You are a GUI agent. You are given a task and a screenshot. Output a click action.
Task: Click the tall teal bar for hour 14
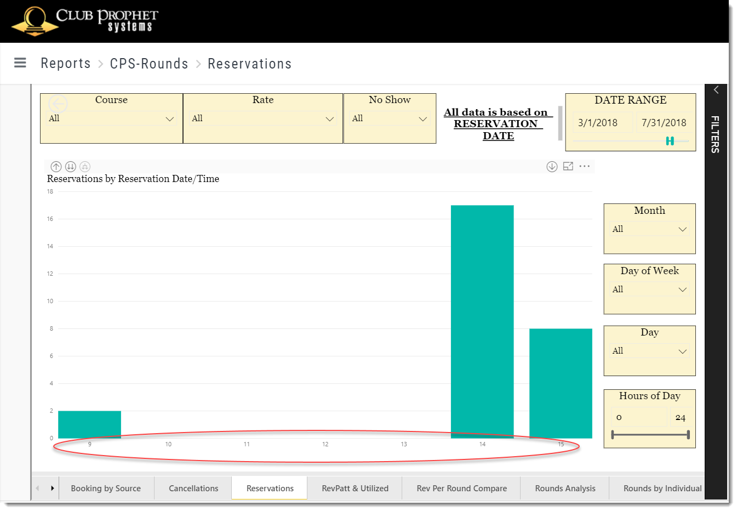point(482,322)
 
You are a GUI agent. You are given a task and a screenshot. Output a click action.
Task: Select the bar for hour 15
point(561,383)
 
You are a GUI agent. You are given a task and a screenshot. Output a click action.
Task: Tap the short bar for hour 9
point(89,424)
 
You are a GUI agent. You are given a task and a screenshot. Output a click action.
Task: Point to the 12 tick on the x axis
point(325,444)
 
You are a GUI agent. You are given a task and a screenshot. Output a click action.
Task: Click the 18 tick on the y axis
point(50,191)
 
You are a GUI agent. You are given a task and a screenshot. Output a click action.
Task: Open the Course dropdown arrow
point(169,119)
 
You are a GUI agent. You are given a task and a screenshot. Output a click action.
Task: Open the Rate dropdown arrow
point(330,119)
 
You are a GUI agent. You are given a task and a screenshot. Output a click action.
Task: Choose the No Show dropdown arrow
point(422,119)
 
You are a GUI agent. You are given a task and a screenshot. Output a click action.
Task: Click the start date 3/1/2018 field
point(598,123)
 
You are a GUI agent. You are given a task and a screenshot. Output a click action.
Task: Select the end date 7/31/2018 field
point(664,123)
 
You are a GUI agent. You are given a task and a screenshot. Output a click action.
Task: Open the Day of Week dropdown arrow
point(682,289)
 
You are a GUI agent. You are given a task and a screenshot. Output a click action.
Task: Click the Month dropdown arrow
point(682,229)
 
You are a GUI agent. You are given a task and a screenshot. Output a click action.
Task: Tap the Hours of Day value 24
point(680,418)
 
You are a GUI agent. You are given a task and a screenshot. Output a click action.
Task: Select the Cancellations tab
point(193,488)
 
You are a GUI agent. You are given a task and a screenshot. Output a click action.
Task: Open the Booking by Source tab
point(106,488)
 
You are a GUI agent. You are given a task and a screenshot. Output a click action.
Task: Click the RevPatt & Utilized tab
point(355,488)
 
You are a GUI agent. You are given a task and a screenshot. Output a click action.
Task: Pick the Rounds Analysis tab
point(565,488)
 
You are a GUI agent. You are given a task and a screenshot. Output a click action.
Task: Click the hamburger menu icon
point(20,63)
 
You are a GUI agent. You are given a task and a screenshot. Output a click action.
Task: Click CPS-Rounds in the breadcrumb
point(149,64)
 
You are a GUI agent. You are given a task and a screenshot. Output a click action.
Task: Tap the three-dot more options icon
point(585,166)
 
